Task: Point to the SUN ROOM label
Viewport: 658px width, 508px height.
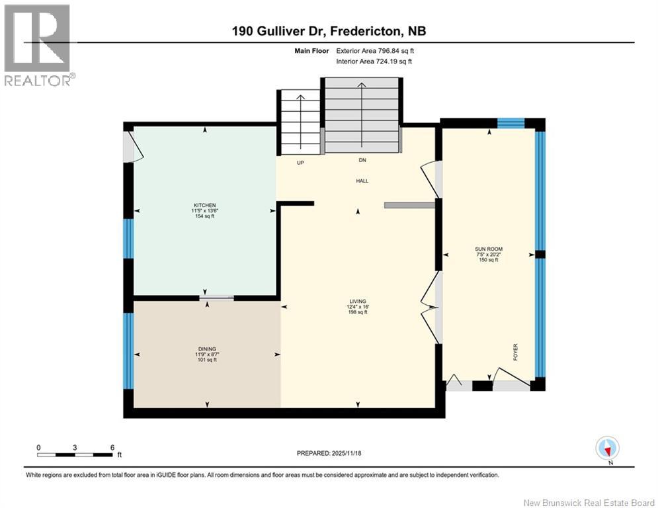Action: pos(488,249)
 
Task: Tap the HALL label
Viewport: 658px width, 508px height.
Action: pos(362,181)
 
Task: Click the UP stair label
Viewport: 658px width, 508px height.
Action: pos(300,163)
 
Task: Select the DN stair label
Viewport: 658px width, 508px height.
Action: pos(362,160)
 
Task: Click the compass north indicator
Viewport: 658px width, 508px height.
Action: pos(607,448)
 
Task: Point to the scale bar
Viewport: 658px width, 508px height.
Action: pos(75,454)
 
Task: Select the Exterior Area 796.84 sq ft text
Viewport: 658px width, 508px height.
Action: pos(375,50)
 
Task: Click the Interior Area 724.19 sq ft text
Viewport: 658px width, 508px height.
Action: pos(374,62)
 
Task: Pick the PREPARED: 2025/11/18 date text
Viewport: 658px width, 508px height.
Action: pos(329,453)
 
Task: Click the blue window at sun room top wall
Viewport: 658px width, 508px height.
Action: pos(511,122)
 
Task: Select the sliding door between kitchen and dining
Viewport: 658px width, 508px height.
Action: pos(216,298)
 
